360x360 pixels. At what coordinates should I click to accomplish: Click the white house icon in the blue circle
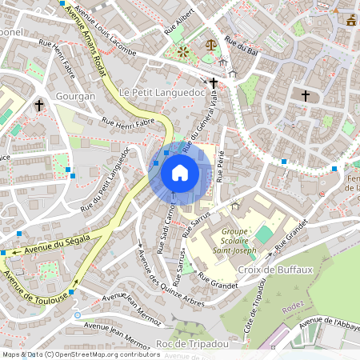(x=180, y=173)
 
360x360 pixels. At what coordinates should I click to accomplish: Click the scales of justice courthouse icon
(x=210, y=46)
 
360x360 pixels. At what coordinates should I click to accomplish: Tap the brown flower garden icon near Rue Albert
(x=184, y=52)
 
